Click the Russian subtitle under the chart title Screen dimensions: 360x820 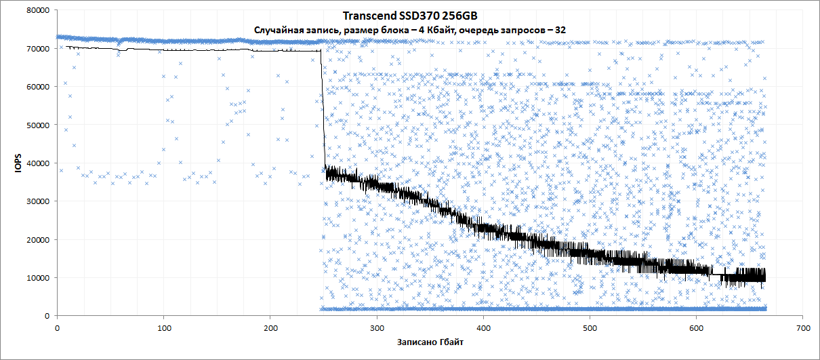click(x=409, y=30)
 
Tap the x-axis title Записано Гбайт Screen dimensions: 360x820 click(x=430, y=342)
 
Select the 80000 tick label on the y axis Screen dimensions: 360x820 click(x=37, y=11)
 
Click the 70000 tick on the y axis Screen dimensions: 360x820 click(x=37, y=49)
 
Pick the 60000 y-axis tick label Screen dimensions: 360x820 click(x=37, y=87)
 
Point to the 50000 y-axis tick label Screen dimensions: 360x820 click(x=37, y=125)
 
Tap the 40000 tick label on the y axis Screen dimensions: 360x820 click(x=37, y=163)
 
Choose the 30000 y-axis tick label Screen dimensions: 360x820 click(x=37, y=201)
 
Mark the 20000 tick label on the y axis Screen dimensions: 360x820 click(x=37, y=239)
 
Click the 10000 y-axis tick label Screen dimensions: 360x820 click(x=37, y=278)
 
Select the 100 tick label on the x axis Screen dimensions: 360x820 click(x=163, y=327)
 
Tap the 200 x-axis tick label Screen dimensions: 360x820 click(x=270, y=327)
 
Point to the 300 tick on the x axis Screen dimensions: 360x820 click(x=376, y=327)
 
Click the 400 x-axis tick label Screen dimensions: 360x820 click(x=483, y=327)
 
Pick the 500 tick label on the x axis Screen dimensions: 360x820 click(x=590, y=327)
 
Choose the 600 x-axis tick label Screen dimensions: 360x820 click(x=696, y=327)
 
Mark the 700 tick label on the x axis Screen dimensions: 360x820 click(x=802, y=327)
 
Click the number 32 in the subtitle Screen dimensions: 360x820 click(x=560, y=30)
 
